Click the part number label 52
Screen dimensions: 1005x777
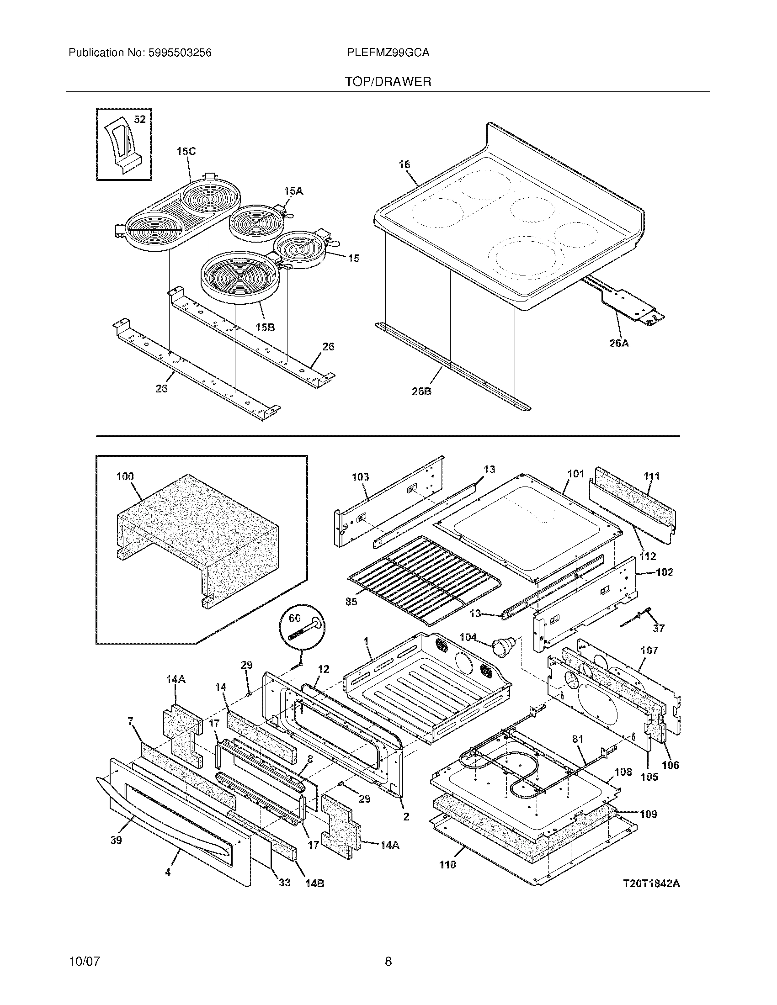139,120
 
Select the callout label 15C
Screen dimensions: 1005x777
186,151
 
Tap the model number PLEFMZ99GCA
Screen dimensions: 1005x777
388,53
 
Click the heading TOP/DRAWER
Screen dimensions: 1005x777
388,82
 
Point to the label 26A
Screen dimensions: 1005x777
619,343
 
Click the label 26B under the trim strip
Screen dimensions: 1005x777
421,392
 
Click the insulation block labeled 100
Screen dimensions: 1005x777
198,541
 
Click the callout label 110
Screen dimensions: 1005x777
447,865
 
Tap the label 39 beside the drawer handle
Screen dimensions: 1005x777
116,840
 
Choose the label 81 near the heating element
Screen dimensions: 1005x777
577,739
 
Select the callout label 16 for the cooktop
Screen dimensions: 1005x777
404,164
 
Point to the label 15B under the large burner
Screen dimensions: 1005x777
265,327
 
